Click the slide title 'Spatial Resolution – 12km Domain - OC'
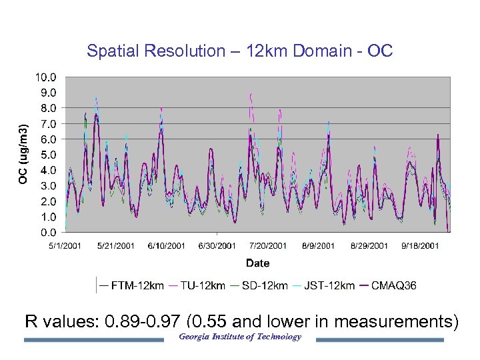[240, 51]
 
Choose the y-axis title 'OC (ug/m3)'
[23, 154]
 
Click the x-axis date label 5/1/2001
[65, 246]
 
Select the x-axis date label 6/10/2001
[167, 246]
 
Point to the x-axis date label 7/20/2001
[268, 246]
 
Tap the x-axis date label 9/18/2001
[420, 246]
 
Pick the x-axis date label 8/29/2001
[369, 246]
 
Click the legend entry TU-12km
[202, 285]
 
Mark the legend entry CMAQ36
[393, 285]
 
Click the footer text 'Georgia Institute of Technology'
[240, 337]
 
